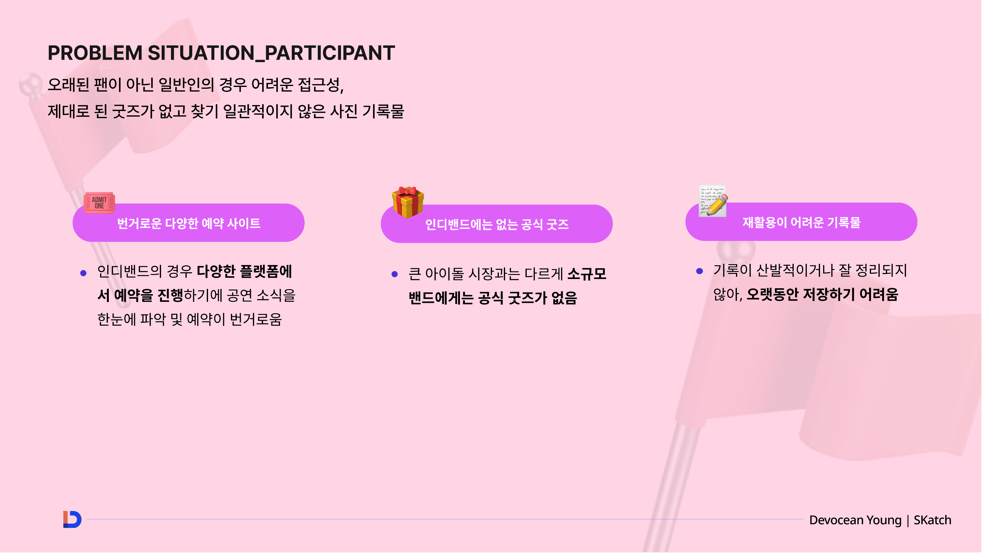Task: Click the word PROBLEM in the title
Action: [95, 53]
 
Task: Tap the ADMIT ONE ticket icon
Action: [99, 203]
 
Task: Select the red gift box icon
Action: [407, 202]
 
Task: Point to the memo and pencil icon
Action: [713, 201]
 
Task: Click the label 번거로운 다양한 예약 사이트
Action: [189, 224]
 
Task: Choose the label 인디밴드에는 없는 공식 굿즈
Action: [497, 225]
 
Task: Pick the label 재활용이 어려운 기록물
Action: [801, 222]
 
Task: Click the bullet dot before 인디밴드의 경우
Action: [83, 273]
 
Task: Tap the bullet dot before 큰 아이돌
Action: [394, 274]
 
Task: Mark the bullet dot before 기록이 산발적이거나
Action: [699, 271]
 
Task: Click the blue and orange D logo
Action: [72, 519]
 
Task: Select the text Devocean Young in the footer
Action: [855, 520]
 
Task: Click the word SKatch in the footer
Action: [933, 520]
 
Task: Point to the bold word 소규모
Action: [587, 274]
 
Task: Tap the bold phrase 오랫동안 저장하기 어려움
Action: [822, 294]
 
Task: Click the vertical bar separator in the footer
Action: [908, 521]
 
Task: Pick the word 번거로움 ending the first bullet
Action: [256, 319]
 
